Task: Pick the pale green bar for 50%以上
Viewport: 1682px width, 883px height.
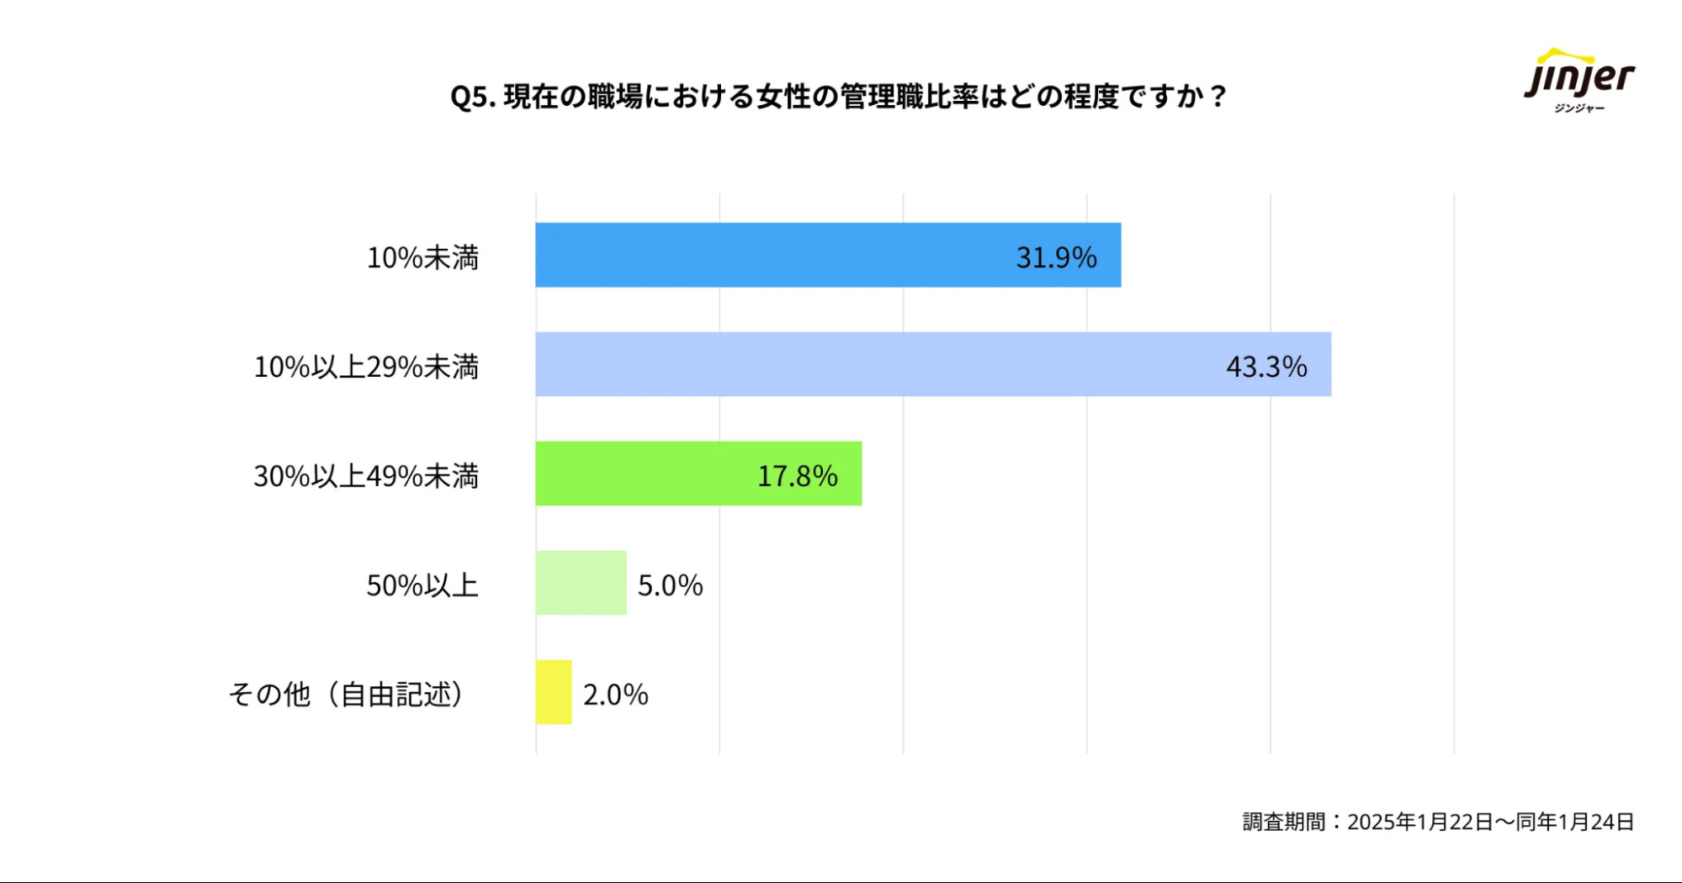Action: (581, 583)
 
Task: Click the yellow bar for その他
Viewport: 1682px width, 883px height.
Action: (554, 692)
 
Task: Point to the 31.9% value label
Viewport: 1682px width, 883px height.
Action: (1056, 257)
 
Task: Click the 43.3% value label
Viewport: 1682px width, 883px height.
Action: (1266, 367)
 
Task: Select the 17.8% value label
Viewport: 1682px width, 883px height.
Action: (797, 476)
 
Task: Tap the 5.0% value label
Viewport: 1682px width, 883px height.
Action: (670, 585)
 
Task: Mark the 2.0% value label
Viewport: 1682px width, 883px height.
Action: (615, 695)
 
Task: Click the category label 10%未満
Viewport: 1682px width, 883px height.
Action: (422, 257)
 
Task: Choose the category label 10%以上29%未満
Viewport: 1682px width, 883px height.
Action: (366, 367)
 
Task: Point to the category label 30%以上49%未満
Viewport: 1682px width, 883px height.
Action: (366, 476)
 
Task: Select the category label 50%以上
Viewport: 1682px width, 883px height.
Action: (422, 585)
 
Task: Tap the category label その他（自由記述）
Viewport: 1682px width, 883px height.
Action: (347, 695)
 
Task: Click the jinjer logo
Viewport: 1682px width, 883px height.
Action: (1579, 81)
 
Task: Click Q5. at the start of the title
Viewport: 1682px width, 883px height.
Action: (472, 98)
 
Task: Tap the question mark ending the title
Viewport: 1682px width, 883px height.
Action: (1218, 97)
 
